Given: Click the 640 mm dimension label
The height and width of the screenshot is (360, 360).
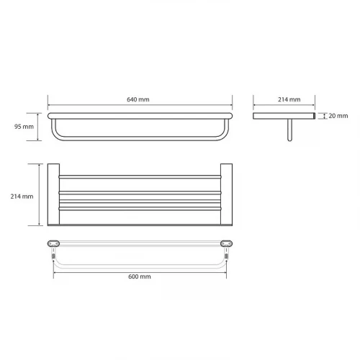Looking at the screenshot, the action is click(x=138, y=99).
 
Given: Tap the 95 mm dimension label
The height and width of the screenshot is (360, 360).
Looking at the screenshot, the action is click(x=24, y=127).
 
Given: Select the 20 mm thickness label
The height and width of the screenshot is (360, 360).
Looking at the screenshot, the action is click(x=338, y=116).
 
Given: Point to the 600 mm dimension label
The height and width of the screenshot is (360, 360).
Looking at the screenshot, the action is click(x=140, y=276).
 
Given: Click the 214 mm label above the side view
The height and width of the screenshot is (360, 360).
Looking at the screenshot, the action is click(x=289, y=99).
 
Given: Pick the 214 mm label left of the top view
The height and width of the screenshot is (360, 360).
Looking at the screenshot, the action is click(x=22, y=197).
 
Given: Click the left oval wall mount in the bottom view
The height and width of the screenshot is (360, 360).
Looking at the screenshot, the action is click(x=53, y=243).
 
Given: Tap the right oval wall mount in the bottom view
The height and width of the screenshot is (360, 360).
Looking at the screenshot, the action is click(x=226, y=243).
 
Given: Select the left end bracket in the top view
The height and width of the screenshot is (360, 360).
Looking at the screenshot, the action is click(x=53, y=194).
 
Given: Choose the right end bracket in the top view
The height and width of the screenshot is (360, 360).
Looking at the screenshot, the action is click(x=226, y=194).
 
